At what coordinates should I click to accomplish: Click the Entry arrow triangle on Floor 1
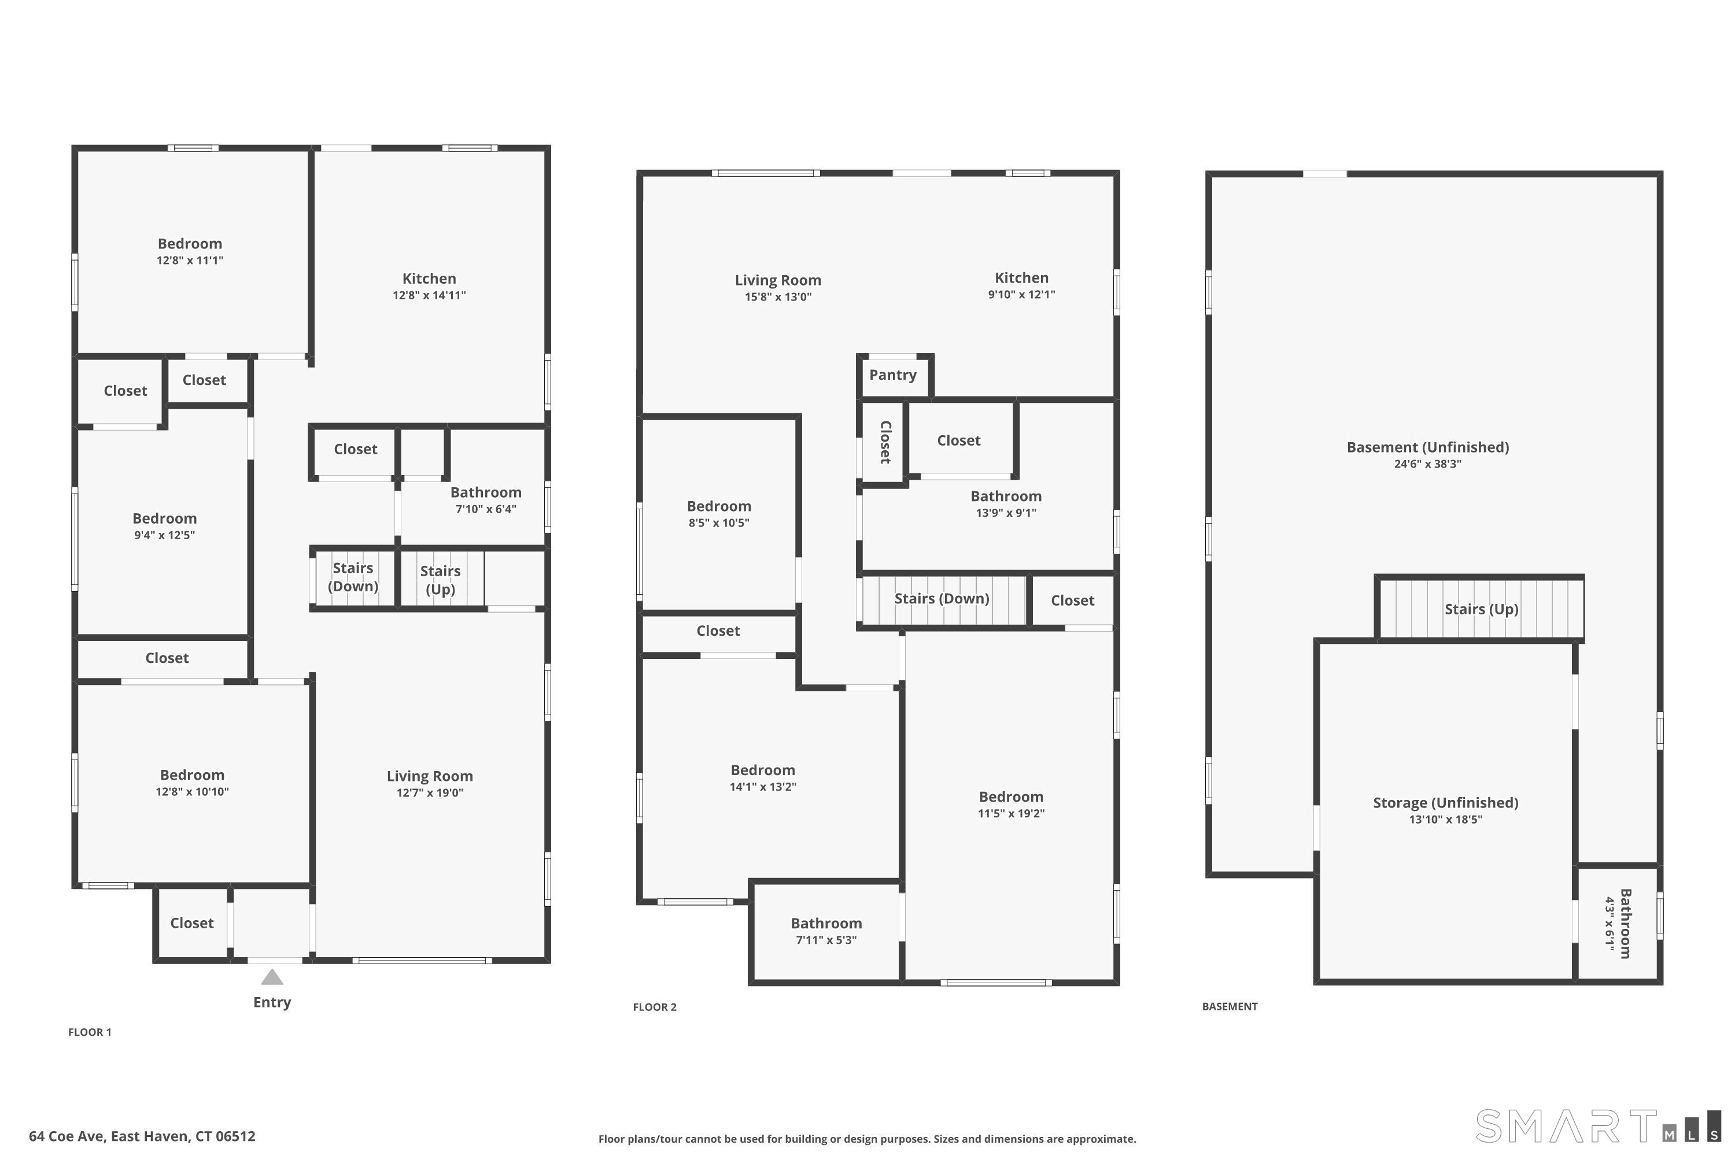point(272,977)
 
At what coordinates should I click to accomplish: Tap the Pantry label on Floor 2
point(892,375)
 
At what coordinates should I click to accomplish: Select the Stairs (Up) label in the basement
point(1481,609)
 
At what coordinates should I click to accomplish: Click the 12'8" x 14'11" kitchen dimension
point(429,295)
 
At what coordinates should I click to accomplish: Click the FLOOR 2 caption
point(654,1007)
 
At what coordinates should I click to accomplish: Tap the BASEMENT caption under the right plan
point(1230,1006)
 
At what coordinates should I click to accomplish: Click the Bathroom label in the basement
point(1625,924)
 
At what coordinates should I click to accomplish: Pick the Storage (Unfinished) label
point(1446,803)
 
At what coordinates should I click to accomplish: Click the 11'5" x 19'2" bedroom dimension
point(1012,814)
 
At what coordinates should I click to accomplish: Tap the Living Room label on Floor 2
point(777,280)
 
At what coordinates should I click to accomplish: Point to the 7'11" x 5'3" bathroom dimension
point(826,940)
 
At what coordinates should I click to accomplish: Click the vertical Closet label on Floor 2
point(886,442)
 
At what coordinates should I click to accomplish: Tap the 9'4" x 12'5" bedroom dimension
point(164,535)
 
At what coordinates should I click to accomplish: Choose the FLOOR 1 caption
point(90,1032)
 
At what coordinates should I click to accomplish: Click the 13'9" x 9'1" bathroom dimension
point(1006,513)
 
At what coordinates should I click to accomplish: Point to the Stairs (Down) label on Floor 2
point(942,599)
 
